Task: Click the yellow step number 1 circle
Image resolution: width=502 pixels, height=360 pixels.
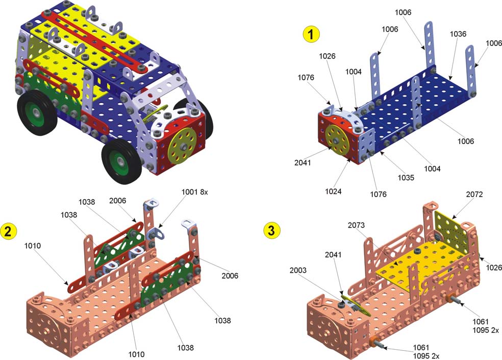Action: (311, 35)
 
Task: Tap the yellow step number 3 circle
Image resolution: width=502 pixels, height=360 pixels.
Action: (271, 230)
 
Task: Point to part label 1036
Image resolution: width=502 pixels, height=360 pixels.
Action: (458, 34)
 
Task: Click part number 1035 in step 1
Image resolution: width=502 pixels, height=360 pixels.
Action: (406, 178)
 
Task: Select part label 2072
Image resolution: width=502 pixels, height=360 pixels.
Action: (474, 194)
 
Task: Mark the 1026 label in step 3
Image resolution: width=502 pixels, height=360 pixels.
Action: (493, 267)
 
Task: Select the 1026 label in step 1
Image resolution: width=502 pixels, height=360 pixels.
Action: (327, 56)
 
